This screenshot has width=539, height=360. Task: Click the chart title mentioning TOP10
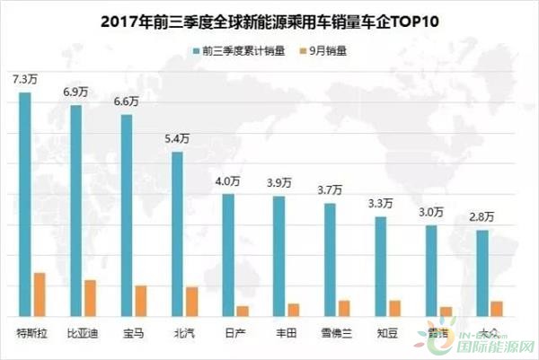pyautogui.click(x=270, y=18)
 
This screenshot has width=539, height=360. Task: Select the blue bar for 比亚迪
pyautogui.click(x=76, y=210)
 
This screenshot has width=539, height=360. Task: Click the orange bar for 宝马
pyautogui.click(x=140, y=301)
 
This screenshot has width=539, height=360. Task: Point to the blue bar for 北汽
pyautogui.click(x=178, y=233)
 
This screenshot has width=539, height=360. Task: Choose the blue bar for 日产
pyautogui.click(x=228, y=255)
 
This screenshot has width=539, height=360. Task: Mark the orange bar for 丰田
pyautogui.click(x=293, y=310)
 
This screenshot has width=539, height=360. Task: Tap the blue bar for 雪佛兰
pyautogui.click(x=330, y=259)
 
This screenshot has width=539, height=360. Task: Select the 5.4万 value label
pyautogui.click(x=178, y=140)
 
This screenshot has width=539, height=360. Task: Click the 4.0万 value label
pyautogui.click(x=229, y=181)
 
